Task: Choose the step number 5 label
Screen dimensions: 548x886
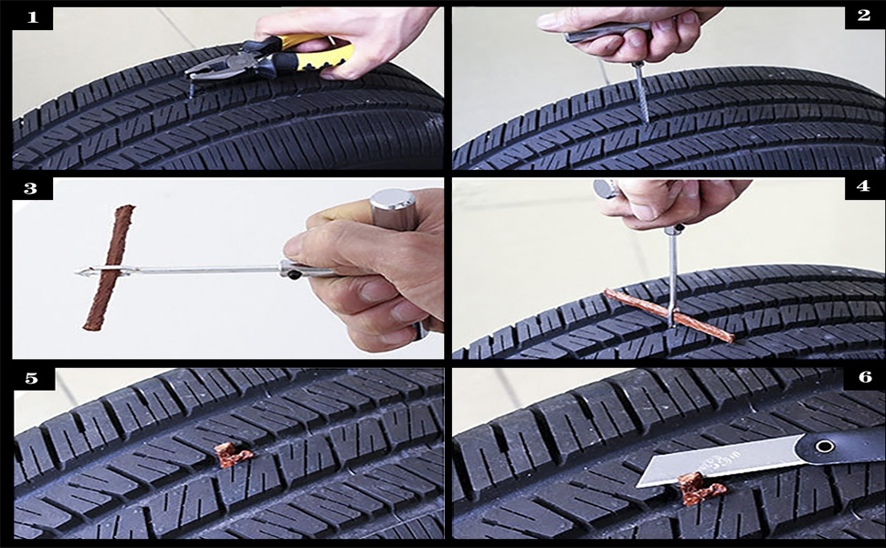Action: [33, 377]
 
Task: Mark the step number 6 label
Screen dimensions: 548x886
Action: [864, 377]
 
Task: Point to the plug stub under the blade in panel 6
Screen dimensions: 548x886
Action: [700, 490]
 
